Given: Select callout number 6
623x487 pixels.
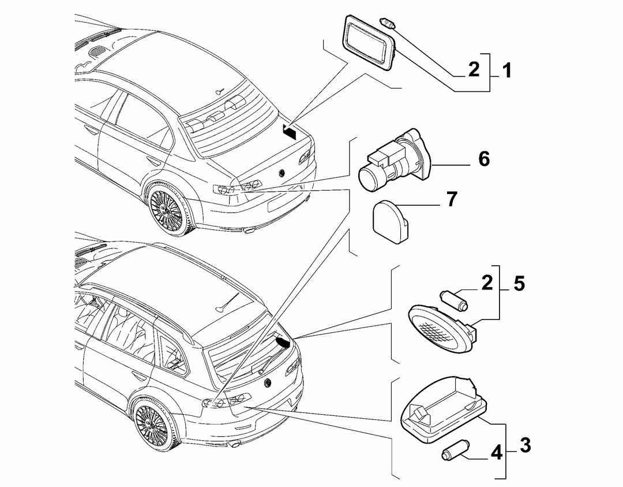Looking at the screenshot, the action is (484, 159).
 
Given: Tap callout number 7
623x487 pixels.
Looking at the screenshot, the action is (452, 199).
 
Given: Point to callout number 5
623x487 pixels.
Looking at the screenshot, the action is (519, 283).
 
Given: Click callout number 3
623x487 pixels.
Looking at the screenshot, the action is (526, 445).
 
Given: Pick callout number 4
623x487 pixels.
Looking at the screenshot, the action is (497, 453).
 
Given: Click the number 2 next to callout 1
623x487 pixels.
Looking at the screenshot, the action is (474, 69).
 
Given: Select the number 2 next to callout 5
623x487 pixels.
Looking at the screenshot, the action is (487, 283).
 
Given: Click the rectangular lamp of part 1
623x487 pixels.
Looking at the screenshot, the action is (369, 43).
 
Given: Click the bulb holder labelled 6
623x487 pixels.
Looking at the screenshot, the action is (394, 159).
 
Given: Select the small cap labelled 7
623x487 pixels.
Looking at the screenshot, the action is (390, 221).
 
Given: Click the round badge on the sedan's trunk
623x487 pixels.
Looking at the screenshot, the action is (283, 173).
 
